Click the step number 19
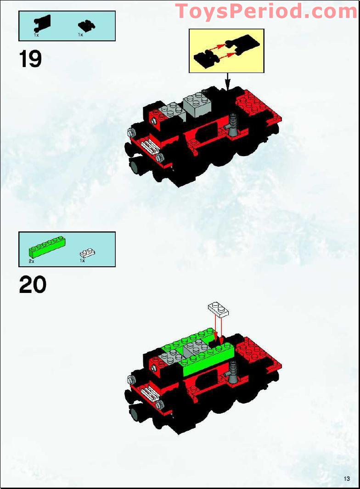[30, 59]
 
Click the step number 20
[33, 285]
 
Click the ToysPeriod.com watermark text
[266, 11]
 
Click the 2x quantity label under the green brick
[31, 261]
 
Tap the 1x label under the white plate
[82, 261]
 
